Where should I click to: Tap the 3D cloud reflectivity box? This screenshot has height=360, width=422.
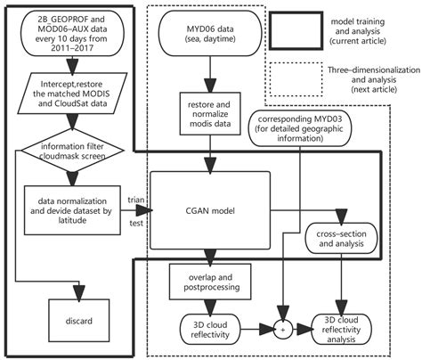(x=210, y=327)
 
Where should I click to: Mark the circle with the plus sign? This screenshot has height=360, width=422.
(x=283, y=328)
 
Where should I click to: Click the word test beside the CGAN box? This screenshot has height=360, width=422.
(x=136, y=224)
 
